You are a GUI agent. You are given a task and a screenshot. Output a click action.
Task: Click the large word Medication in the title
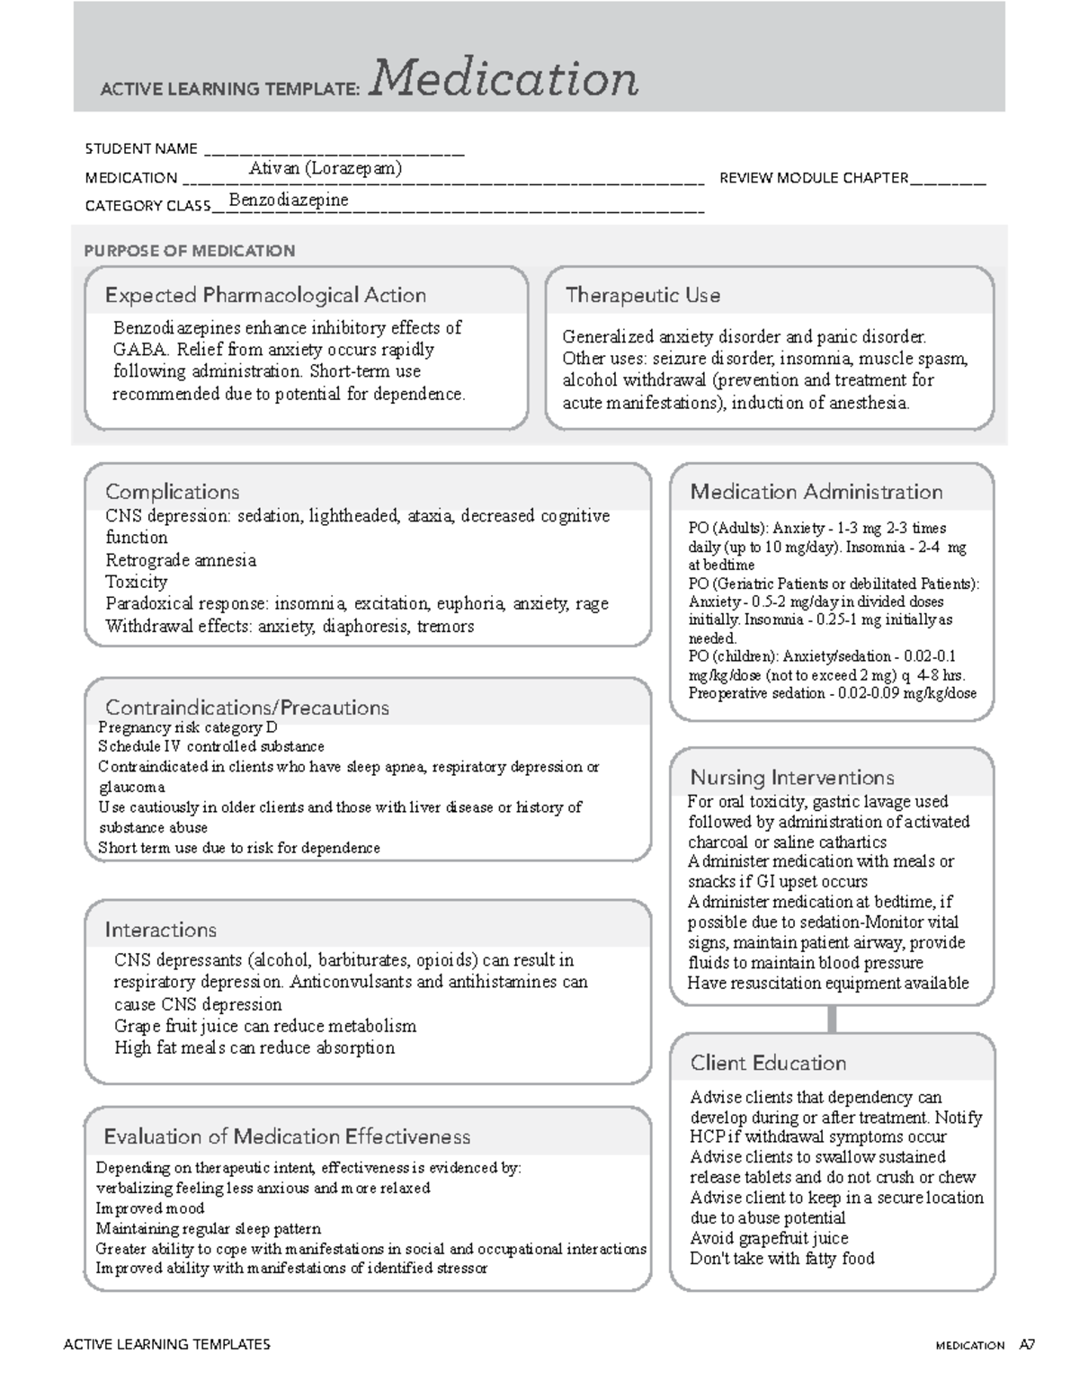coord(504,79)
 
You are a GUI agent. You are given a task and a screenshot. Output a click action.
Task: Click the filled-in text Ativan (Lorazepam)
coord(325,168)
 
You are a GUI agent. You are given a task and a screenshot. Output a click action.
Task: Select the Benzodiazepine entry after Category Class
coord(289,200)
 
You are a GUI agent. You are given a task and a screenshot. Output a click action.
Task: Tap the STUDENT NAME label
coord(141,148)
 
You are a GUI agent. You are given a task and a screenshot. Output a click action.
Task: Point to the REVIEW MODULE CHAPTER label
coord(814,178)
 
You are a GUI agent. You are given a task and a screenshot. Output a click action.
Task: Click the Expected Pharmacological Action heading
coord(265,295)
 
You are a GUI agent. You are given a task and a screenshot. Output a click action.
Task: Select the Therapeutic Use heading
coord(642,295)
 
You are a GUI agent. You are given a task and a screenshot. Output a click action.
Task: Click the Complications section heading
coord(172,492)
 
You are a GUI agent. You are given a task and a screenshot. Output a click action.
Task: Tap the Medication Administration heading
coord(816,492)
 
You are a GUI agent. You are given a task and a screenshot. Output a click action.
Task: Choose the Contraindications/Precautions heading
coord(247,708)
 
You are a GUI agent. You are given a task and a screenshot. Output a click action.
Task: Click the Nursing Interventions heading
coord(791,778)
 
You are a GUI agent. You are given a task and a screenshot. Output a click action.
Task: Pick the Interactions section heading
coord(160,930)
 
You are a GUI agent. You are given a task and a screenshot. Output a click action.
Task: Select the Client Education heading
coord(768,1063)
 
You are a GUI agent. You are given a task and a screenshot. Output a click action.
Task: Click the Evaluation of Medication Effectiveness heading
coord(287,1136)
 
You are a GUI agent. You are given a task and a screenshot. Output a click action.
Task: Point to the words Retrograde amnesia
coord(181,560)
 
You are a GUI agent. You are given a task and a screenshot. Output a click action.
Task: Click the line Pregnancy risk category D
coord(188,727)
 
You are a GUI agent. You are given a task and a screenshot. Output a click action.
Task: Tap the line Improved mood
coord(150,1208)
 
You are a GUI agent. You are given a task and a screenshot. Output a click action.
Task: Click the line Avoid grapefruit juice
coord(769,1238)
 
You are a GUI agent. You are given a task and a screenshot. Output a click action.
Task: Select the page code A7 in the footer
coord(1027,1346)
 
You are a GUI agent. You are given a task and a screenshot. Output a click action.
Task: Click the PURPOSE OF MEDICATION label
coord(189,251)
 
